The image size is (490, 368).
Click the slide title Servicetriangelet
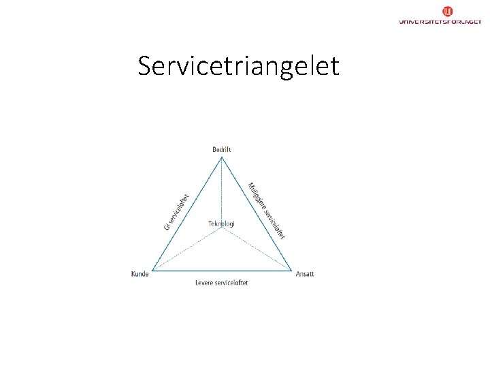[238, 66]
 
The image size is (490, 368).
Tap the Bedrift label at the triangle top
[222, 149]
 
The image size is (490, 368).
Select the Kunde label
[140, 274]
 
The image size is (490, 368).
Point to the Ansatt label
[305, 274]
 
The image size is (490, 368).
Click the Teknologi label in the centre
[222, 223]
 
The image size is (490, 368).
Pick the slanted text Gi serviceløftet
[176, 211]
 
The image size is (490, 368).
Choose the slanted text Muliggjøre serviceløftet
[266, 211]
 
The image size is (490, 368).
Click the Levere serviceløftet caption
[222, 282]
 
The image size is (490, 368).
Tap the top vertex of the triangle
[222, 157]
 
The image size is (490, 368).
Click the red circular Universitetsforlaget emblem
[448, 11]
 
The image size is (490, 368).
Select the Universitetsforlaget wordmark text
[440, 22]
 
